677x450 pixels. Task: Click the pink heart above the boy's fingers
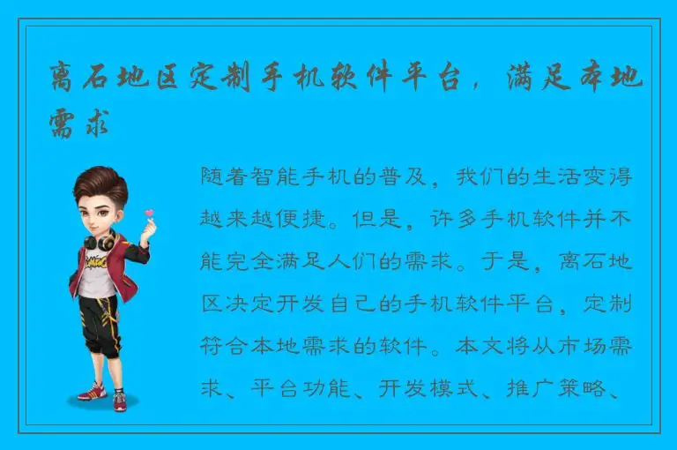(149, 212)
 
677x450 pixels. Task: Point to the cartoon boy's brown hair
(100, 180)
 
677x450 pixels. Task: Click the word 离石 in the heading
(84, 81)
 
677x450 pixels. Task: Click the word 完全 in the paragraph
(256, 261)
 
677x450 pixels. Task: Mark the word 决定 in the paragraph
(256, 304)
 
